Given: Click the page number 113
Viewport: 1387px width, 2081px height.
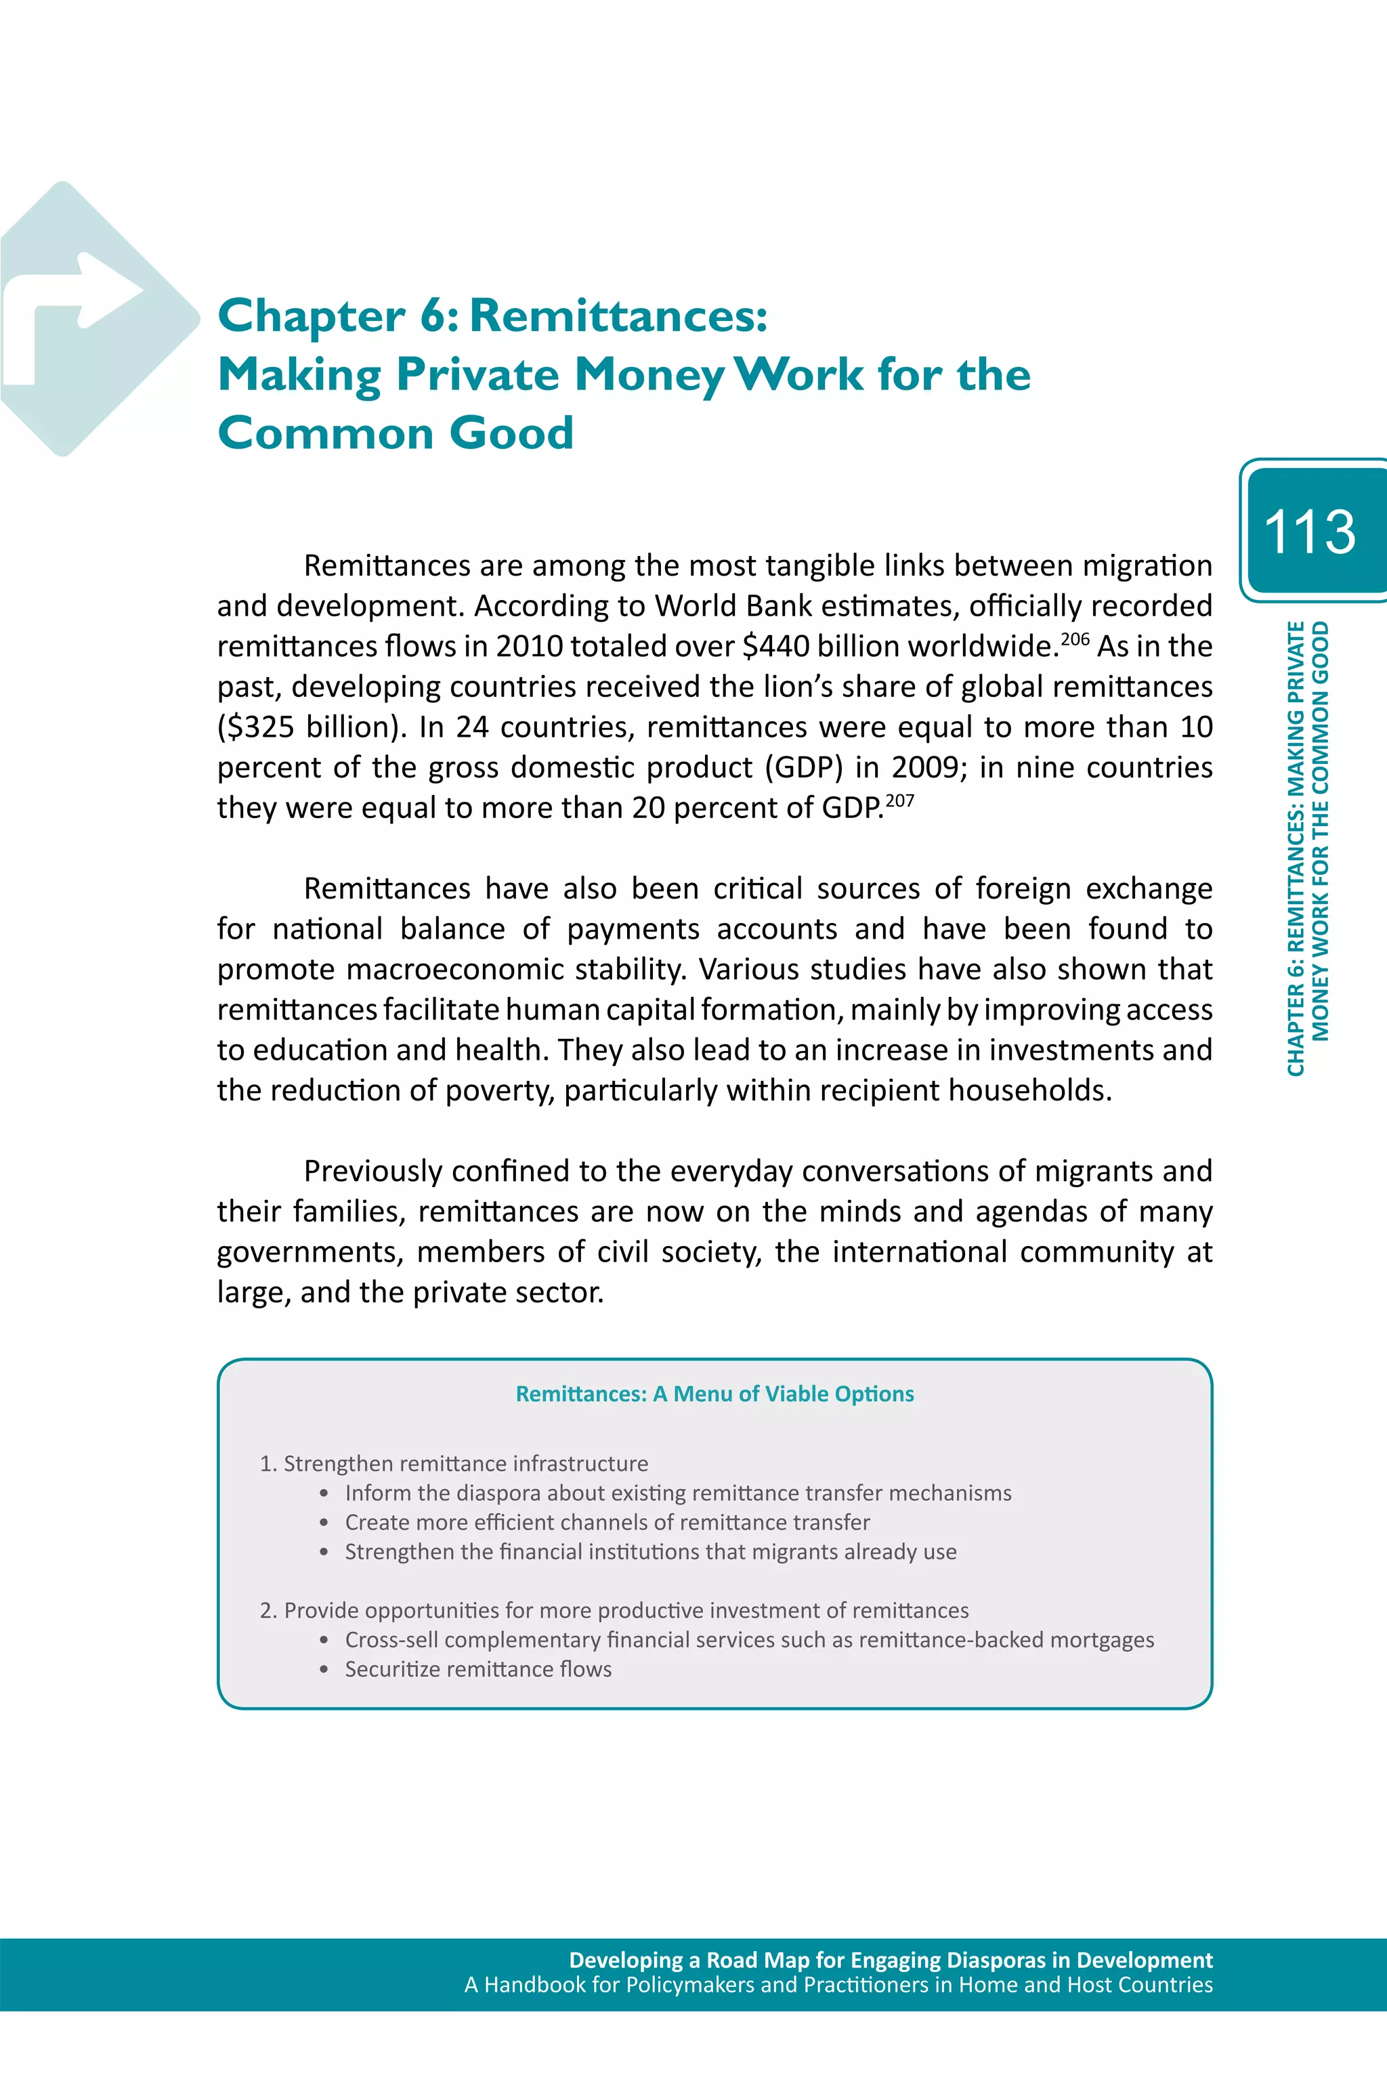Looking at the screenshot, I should click(1309, 532).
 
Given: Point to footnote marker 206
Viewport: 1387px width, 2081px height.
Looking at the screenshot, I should click(1075, 639).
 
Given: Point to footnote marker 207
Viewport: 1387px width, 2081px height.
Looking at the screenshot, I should click(899, 800).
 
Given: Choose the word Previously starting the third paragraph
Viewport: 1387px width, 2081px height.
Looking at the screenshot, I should click(372, 1171).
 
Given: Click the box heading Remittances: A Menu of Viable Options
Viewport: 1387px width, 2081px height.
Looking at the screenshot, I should click(714, 1394).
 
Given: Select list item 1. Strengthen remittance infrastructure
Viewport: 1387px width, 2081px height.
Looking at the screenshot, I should click(454, 1463).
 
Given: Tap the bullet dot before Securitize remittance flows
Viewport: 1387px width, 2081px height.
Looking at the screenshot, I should click(324, 1670).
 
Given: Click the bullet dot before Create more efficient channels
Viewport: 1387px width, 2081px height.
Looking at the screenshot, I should click(324, 1523).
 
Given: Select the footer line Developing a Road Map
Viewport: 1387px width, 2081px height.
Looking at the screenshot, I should click(890, 1960).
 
